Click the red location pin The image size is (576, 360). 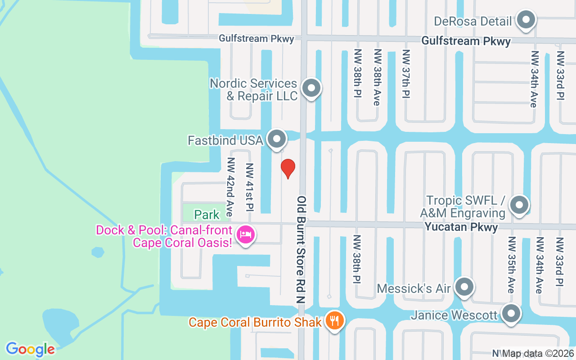click(x=288, y=168)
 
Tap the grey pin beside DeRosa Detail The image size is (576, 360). click(x=525, y=20)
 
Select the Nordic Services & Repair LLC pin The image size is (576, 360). click(x=310, y=88)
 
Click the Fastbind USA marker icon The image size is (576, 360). click(x=277, y=139)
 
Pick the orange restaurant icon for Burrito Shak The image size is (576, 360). click(x=334, y=321)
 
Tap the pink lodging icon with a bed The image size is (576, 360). click(x=246, y=234)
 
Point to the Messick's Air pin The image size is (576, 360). click(x=464, y=287)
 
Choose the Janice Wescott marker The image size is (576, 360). click(x=511, y=314)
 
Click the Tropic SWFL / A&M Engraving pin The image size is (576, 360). click(x=519, y=205)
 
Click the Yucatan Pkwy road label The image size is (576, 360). click(x=461, y=227)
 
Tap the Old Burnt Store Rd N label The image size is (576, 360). click(x=301, y=249)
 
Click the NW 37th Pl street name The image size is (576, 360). click(x=406, y=74)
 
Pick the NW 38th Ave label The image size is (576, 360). click(x=377, y=77)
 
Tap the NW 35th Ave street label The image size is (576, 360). click(x=512, y=264)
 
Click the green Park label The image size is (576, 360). click(x=207, y=215)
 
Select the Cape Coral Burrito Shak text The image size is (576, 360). click(x=255, y=322)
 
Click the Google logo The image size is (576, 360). click(x=30, y=349)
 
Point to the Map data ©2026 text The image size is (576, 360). click(x=538, y=353)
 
